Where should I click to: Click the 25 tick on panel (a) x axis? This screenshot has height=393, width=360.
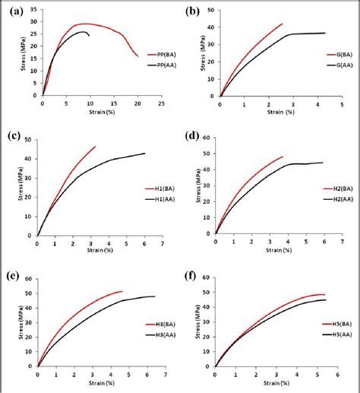pos(161,102)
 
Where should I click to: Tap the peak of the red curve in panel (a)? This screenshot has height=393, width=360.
pos(84,24)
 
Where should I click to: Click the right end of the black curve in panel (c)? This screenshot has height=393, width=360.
pos(144,154)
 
